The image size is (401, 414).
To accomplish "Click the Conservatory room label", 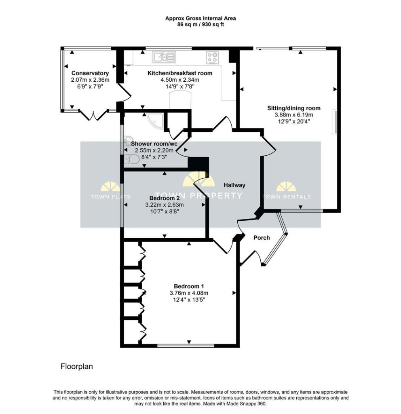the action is [90, 73].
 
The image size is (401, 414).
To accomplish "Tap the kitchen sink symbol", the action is [164, 57].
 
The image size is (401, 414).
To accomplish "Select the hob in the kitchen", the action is [213, 57].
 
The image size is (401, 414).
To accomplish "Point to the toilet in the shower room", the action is [131, 159].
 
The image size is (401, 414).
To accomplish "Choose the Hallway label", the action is [234, 185].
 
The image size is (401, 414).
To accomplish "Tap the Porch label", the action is [262, 238].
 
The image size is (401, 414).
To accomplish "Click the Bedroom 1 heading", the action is [189, 286].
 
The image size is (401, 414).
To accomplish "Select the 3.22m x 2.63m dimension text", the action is [165, 205].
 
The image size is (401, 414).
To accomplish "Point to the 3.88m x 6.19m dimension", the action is [294, 114].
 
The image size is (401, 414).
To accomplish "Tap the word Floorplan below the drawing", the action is [76, 366].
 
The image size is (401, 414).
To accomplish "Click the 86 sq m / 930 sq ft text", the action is [200, 25].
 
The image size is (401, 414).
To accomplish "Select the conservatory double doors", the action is [93, 115].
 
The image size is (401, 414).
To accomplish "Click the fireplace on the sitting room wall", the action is [335, 122].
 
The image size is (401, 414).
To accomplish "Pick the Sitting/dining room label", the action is [294, 108].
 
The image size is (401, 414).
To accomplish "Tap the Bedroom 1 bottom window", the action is [186, 345].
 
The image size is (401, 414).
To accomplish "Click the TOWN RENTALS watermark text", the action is [287, 197].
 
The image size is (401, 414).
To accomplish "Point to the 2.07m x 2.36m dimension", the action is [90, 80].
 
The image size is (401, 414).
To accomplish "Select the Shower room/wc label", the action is [154, 144].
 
